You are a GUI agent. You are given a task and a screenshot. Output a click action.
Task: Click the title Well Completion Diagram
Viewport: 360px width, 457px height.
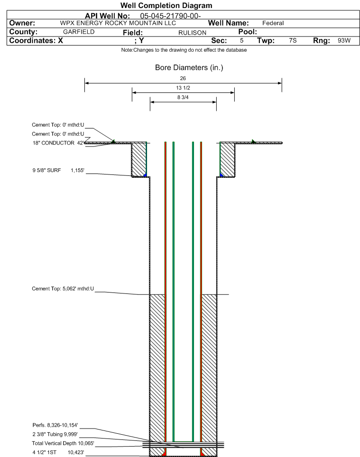[166, 6]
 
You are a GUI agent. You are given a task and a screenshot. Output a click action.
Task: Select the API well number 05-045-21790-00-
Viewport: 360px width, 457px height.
[171, 16]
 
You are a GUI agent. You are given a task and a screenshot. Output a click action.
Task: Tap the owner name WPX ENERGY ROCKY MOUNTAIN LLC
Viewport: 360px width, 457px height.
[118, 23]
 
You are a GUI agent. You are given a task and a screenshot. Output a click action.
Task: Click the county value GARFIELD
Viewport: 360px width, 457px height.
[79, 32]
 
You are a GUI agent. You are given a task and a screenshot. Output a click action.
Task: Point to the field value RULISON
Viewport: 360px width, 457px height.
[192, 32]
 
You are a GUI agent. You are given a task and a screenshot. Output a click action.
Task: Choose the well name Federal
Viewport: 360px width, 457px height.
[273, 23]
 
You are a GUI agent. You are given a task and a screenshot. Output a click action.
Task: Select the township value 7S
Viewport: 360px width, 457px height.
[293, 41]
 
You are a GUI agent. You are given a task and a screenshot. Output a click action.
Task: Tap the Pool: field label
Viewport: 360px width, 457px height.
[244, 32]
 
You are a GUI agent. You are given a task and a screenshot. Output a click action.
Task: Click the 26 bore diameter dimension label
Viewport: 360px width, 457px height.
[183, 78]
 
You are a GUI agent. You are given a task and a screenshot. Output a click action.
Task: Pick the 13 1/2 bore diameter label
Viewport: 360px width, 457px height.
[183, 88]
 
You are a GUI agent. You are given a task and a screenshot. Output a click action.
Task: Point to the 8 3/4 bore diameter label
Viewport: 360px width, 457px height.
[183, 98]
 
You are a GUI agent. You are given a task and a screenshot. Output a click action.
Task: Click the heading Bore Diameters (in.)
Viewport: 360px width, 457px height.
[189, 68]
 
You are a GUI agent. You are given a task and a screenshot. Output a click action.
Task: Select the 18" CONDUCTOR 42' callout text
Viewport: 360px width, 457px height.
[58, 143]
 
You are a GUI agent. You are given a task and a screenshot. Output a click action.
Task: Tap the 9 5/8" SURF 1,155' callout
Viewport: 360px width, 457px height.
[58, 170]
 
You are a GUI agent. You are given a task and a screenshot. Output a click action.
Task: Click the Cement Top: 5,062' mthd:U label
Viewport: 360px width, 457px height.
[63, 288]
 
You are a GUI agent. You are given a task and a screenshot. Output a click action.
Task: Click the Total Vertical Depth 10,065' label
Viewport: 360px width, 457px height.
[63, 443]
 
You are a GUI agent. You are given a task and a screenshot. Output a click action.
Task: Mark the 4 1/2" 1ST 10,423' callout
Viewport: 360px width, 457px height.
[58, 452]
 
